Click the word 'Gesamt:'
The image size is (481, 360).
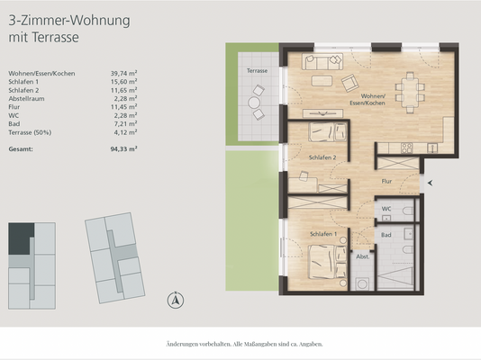point(22,149)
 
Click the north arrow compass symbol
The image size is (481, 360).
point(177,300)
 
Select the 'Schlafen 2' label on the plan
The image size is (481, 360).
point(322,157)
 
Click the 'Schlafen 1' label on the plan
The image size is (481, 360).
point(322,233)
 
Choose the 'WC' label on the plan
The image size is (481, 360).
point(385,208)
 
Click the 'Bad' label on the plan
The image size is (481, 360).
point(385,234)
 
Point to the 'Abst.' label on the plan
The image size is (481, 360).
point(363,256)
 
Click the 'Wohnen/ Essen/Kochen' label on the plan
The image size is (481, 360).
point(375,100)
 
